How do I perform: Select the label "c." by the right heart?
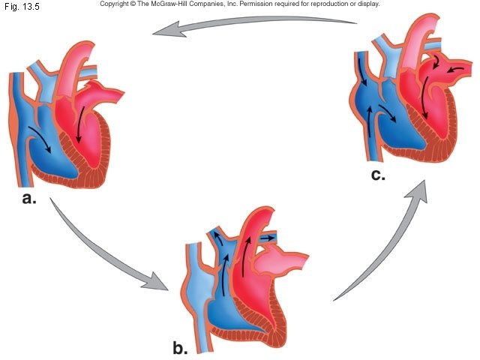377,175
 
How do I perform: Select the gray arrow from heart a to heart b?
105,255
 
